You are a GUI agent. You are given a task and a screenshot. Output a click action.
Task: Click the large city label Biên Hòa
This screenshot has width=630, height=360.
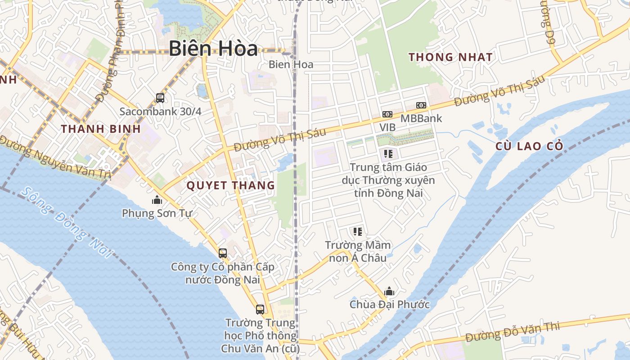[213, 49]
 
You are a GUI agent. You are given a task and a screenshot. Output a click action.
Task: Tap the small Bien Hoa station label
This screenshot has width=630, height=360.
[291, 64]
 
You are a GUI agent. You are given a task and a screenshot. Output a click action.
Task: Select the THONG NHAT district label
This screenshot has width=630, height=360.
[450, 57]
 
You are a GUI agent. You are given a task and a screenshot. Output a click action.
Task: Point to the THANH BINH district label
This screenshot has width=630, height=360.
[101, 129]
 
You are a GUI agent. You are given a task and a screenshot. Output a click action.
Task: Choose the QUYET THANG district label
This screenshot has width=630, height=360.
[230, 185]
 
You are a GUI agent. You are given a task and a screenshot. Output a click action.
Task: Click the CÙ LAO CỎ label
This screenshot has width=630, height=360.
[529, 146]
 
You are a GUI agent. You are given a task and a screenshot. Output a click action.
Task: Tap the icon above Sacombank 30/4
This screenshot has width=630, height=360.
[160, 98]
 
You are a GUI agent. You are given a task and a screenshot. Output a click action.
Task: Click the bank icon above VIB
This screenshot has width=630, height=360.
[387, 114]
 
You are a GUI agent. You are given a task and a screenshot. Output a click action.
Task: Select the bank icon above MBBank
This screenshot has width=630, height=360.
[421, 105]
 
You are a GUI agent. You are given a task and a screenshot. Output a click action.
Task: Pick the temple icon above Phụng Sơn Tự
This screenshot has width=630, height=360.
[157, 199]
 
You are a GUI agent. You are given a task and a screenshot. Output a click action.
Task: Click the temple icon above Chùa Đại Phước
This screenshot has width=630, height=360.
[389, 291]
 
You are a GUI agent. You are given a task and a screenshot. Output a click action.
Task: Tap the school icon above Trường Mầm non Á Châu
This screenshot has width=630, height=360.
[358, 232]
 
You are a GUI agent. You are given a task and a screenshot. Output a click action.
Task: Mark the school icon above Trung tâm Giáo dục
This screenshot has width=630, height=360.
[388, 154]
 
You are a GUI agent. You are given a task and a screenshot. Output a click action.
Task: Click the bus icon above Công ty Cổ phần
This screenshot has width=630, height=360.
[223, 253]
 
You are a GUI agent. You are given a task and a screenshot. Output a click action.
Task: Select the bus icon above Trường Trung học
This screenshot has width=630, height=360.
[260, 309]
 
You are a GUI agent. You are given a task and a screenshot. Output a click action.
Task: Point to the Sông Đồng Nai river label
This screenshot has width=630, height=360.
[72, 223]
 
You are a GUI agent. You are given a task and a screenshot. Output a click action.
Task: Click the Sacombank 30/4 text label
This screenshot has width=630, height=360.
[160, 111]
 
